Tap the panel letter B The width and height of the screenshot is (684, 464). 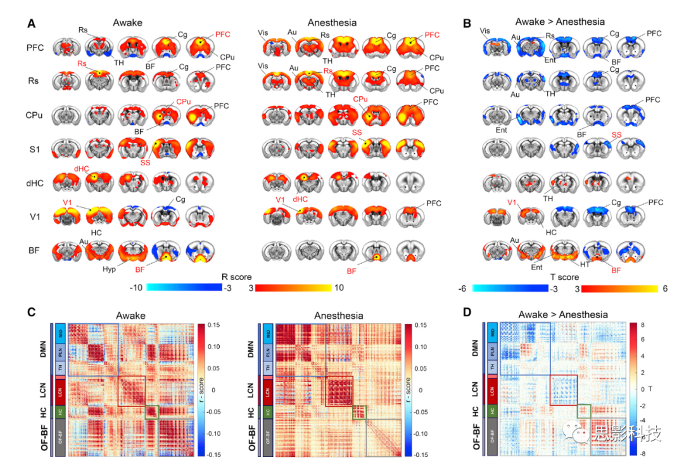[467, 23]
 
